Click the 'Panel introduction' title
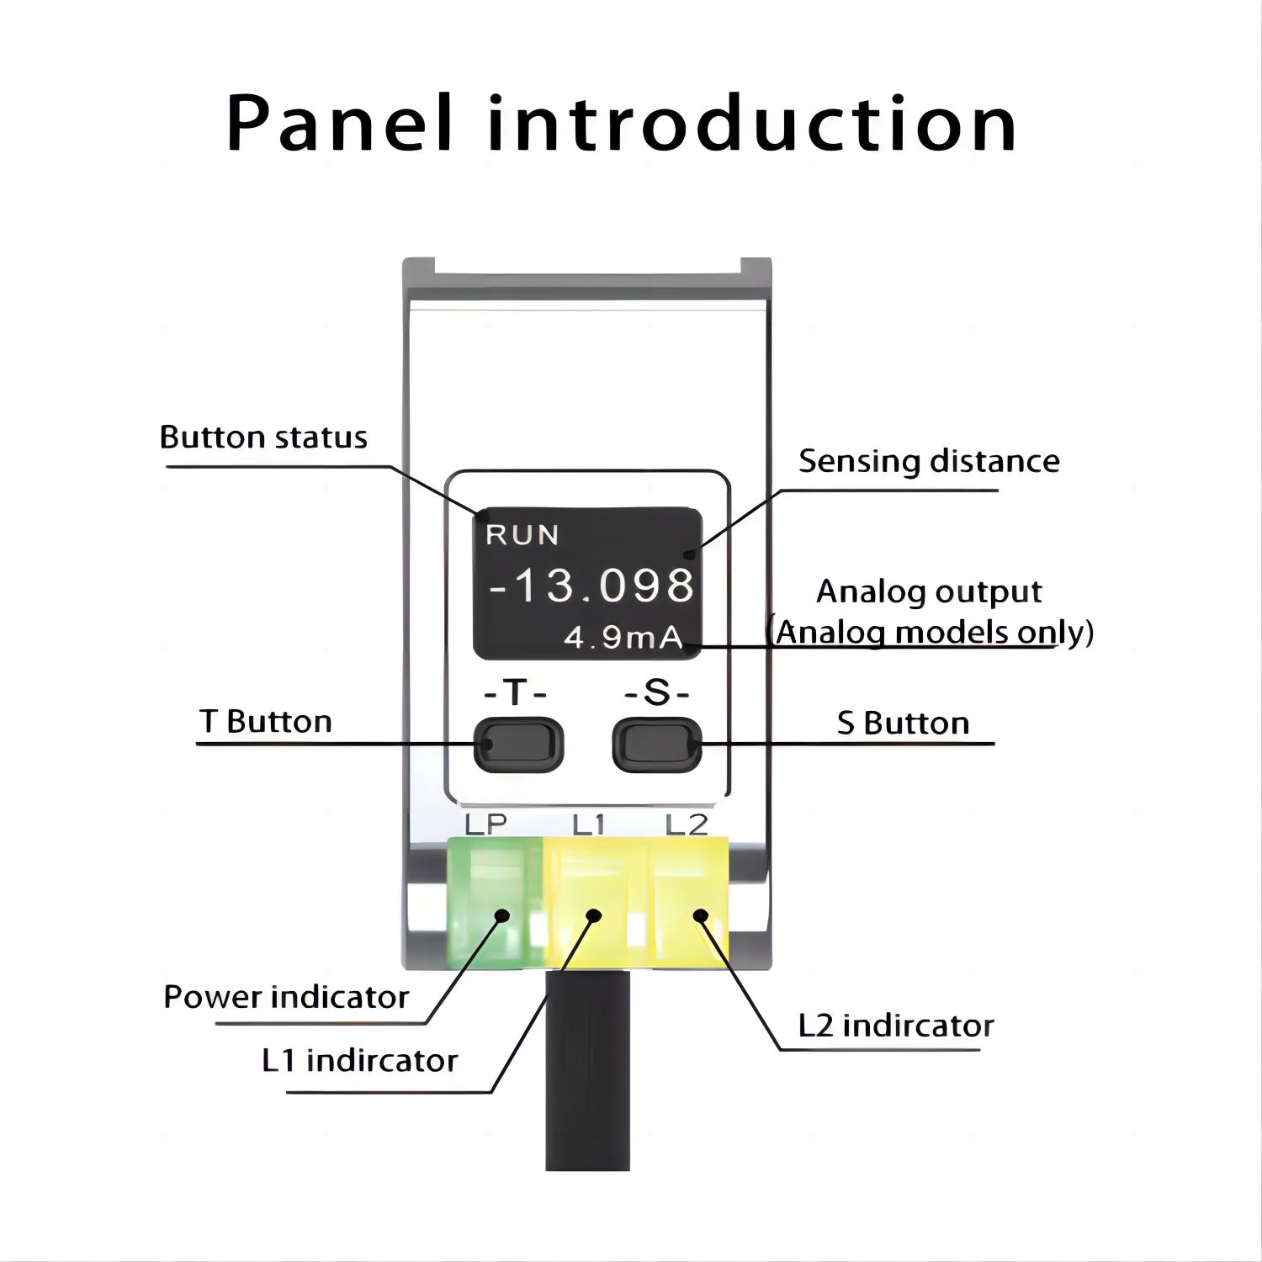[622, 124]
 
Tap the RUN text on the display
[522, 535]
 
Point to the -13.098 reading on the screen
[591, 585]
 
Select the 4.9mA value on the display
[623, 638]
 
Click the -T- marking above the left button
[516, 694]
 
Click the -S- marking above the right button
[657, 694]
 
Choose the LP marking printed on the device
[486, 824]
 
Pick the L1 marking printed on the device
[589, 825]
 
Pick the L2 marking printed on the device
[687, 825]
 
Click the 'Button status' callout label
[263, 437]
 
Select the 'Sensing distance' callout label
[929, 462]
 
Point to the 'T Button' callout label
[266, 722]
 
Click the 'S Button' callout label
[903, 724]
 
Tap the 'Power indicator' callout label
[286, 997]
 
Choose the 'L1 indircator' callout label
[359, 1061]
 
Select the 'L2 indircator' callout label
[896, 1026]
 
